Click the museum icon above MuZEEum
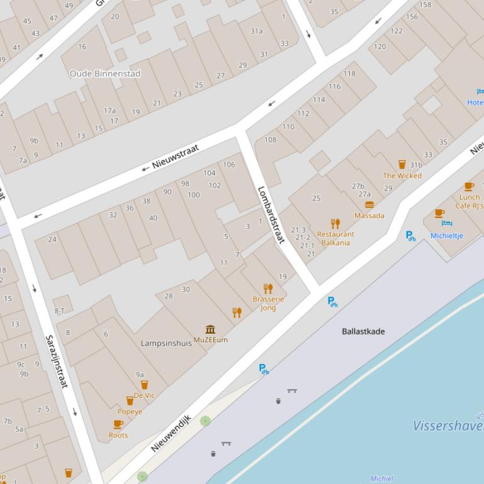point(210,329)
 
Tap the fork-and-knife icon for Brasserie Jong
point(268,289)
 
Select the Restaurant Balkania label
point(335,238)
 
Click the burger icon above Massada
point(369,204)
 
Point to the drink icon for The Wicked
point(402,165)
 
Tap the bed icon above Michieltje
point(447,224)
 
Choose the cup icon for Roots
point(118,424)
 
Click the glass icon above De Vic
point(144,385)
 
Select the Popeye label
point(130,412)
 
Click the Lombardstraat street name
point(271,214)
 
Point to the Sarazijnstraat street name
point(56,361)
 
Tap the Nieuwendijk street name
point(171,433)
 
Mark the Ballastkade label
point(363,331)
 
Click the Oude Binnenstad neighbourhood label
point(105,74)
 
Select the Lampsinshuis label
point(166,343)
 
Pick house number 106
point(229,165)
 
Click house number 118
point(349,74)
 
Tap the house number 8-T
point(60,311)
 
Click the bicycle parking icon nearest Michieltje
point(411,236)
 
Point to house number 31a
point(256,31)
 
